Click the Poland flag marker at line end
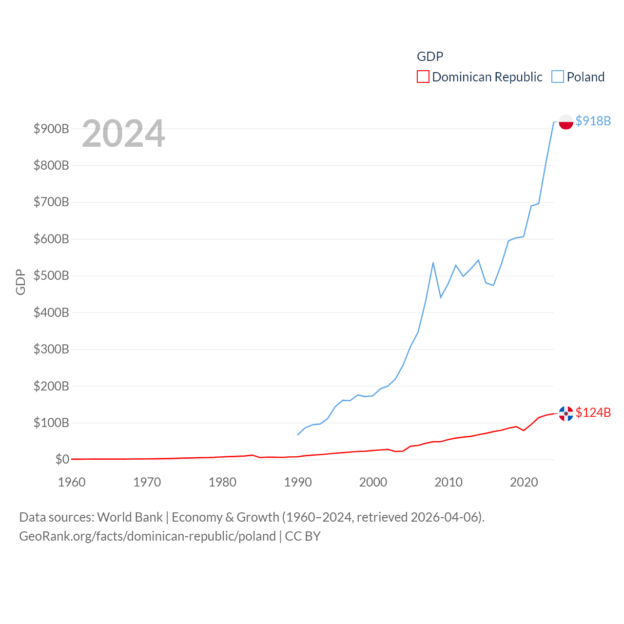click(566, 122)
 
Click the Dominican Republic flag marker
click(566, 413)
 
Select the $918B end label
click(593, 121)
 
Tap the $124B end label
click(593, 412)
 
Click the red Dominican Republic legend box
click(423, 77)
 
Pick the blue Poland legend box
click(558, 77)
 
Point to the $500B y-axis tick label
click(51, 276)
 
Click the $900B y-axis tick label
click(51, 129)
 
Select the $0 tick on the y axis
click(62, 459)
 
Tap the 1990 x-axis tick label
click(298, 482)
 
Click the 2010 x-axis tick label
click(448, 482)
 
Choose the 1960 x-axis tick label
click(72, 482)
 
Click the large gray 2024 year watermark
click(123, 134)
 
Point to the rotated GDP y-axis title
click(20, 282)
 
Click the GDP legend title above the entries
click(430, 57)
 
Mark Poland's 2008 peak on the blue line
click(433, 263)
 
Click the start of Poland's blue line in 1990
click(298, 434)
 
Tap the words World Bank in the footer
click(130, 517)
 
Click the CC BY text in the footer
click(303, 536)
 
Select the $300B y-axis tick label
click(51, 350)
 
